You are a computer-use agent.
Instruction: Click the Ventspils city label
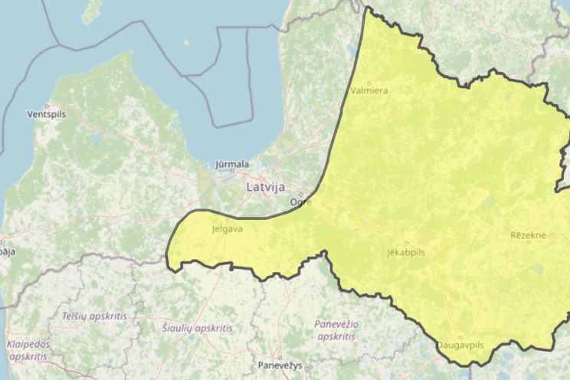(x=47, y=114)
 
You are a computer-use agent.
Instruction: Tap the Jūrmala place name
(x=232, y=164)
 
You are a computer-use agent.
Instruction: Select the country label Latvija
(x=266, y=186)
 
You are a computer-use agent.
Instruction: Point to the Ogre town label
(x=300, y=202)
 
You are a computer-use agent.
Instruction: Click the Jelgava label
(x=225, y=228)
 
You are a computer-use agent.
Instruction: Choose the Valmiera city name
(x=369, y=90)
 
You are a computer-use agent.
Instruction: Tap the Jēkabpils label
(x=406, y=251)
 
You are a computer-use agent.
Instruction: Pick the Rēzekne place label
(x=528, y=235)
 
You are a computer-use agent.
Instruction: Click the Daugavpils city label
(x=460, y=346)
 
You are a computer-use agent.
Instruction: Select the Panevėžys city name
(x=280, y=365)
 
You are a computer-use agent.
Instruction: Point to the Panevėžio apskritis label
(x=336, y=329)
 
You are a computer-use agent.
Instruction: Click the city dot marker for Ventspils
(x=47, y=106)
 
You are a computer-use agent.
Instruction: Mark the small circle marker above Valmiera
(x=369, y=83)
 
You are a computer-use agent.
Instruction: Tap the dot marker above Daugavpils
(x=460, y=337)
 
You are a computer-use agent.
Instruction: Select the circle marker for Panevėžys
(x=280, y=357)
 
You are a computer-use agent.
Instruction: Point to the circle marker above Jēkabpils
(x=406, y=243)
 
